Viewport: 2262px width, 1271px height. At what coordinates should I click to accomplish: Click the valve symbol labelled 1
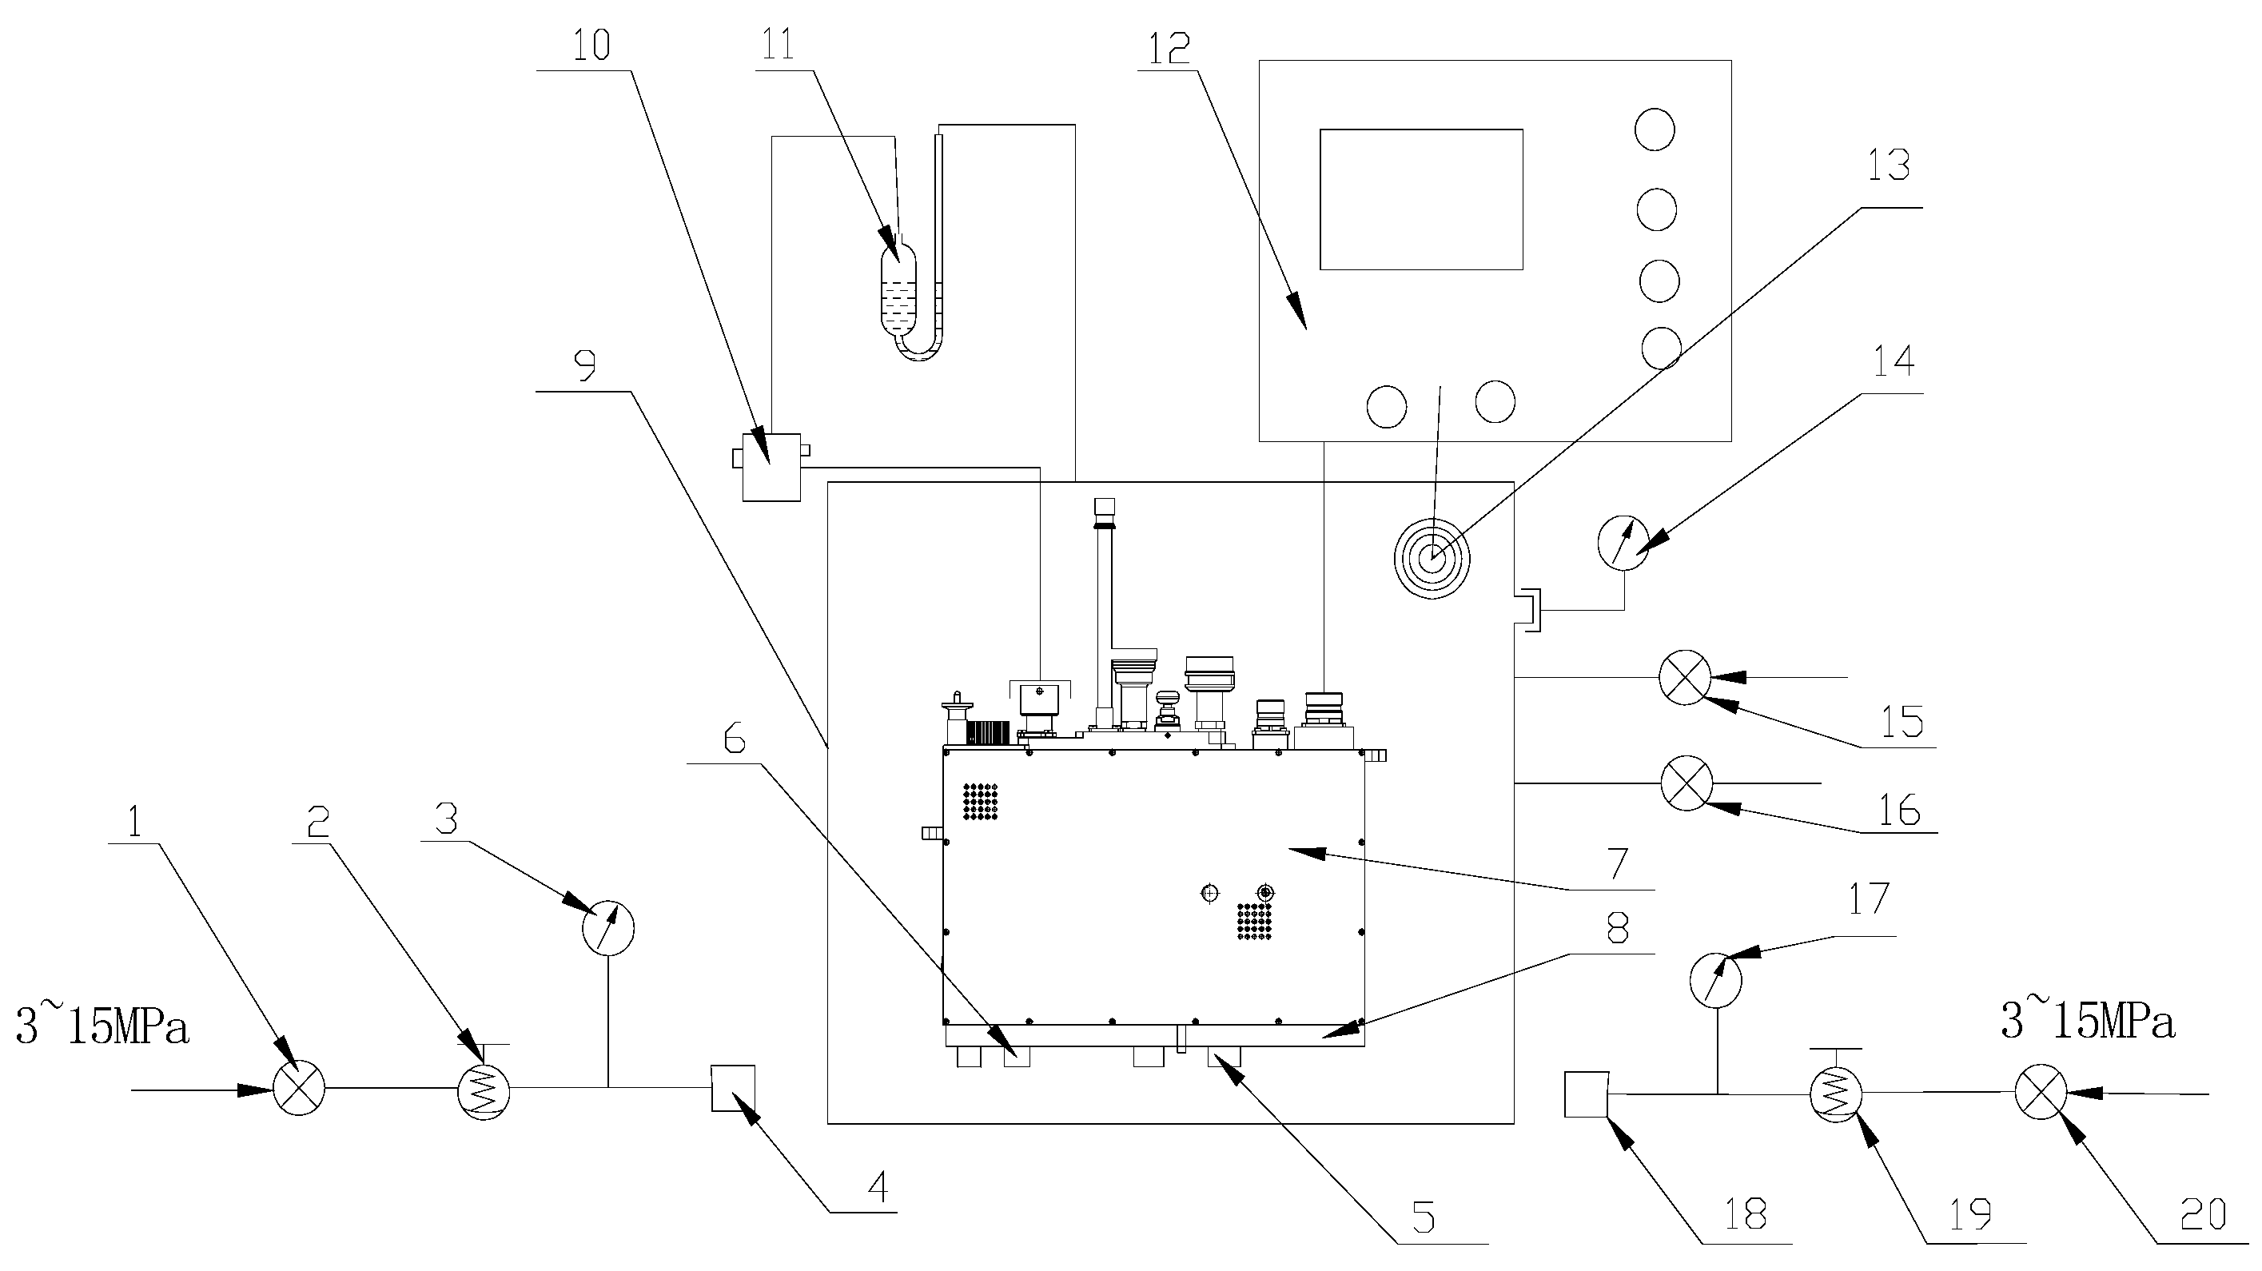(299, 1090)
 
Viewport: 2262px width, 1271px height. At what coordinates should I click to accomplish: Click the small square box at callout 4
(732, 1088)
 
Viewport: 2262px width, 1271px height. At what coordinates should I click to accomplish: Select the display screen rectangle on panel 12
(1421, 199)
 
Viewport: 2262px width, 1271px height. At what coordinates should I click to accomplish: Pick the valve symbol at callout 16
(1686, 783)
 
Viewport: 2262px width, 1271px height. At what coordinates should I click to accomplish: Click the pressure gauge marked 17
(1716, 980)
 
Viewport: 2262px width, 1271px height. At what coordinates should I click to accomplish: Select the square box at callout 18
(1586, 1094)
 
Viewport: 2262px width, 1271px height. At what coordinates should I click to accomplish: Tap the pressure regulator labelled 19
(1836, 1094)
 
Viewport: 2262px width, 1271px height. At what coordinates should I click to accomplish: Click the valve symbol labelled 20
(2039, 1093)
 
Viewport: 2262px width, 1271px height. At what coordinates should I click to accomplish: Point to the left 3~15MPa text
(103, 1027)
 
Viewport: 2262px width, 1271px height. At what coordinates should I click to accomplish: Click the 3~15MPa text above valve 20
(2087, 1022)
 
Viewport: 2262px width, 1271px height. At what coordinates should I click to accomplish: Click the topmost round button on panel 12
(1655, 130)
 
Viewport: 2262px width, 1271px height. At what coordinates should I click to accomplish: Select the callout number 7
(1618, 863)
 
